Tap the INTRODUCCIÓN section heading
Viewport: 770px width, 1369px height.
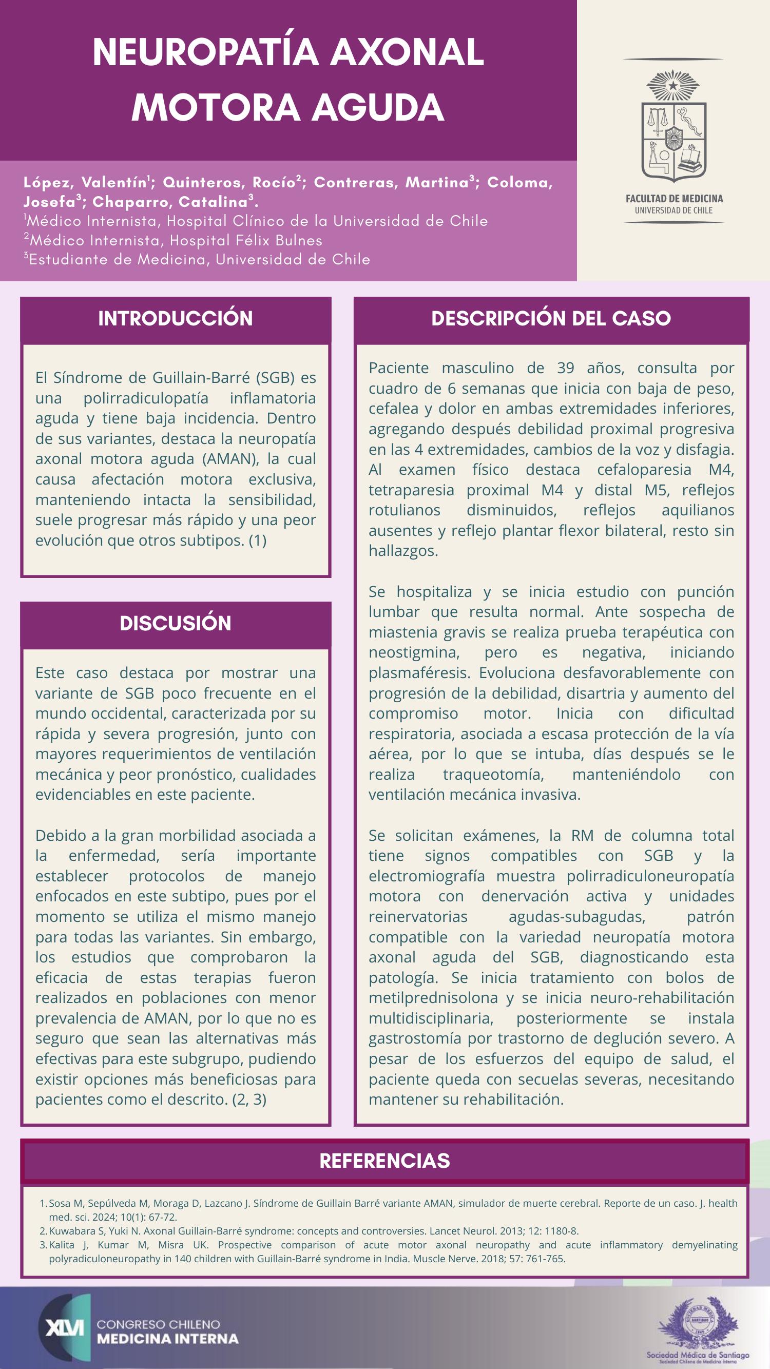pos(176,319)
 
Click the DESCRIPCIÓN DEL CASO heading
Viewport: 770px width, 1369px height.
pos(551,319)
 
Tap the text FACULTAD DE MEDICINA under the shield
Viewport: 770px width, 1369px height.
pos(674,199)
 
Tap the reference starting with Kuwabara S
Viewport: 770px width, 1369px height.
pos(314,1231)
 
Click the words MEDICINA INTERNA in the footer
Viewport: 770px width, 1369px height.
pos(168,1339)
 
